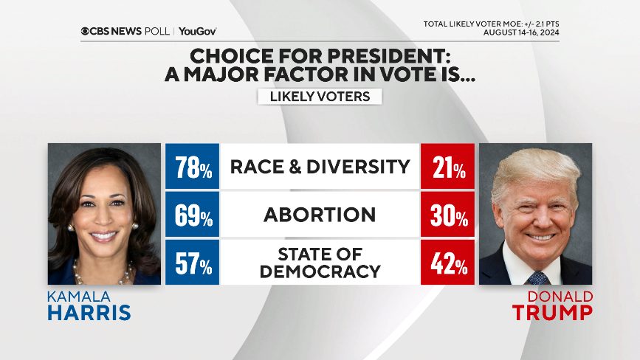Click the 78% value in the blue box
pos(193,167)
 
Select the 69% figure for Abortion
pos(193,215)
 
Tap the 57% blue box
pos(193,262)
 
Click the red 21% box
pos(448,167)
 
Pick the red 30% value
pos(448,215)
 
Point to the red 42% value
pos(448,262)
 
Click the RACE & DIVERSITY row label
pos(320,167)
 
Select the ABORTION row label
pos(320,215)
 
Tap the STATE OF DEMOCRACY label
pos(320,262)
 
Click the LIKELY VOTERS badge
pos(320,97)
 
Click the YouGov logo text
pos(197,32)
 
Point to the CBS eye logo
pos(86,32)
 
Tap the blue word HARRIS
pos(89,312)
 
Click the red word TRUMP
pos(553,312)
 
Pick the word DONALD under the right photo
pos(560,296)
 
